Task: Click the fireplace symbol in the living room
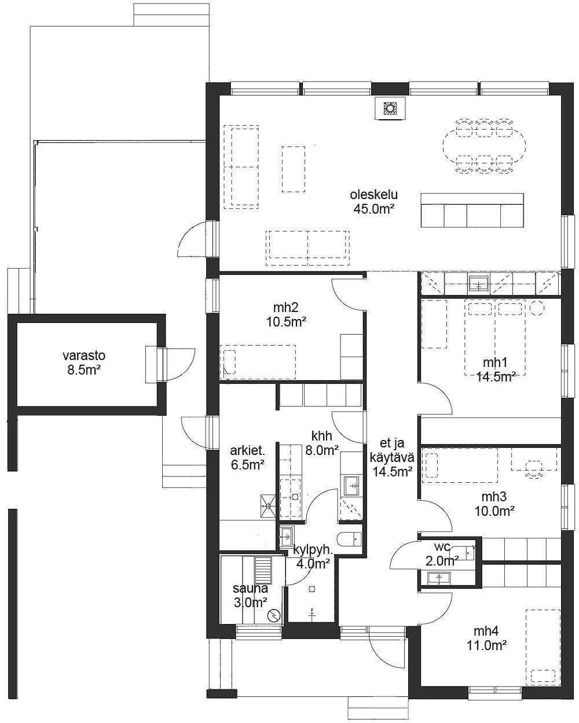point(390,108)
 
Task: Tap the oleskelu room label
point(373,194)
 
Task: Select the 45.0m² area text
point(373,209)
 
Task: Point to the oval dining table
point(484,146)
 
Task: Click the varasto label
point(84,355)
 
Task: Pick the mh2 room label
point(285,307)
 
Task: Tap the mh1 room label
point(495,362)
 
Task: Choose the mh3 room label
point(494,497)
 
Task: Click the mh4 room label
point(486,631)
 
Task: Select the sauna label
point(250,588)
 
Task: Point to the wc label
point(442,547)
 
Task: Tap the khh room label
point(321,436)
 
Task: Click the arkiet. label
point(247,450)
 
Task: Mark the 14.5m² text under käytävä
point(392,472)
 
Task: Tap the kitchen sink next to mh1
point(479,284)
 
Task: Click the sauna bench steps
point(263,570)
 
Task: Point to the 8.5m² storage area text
point(84,370)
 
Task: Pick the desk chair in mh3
point(534,469)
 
